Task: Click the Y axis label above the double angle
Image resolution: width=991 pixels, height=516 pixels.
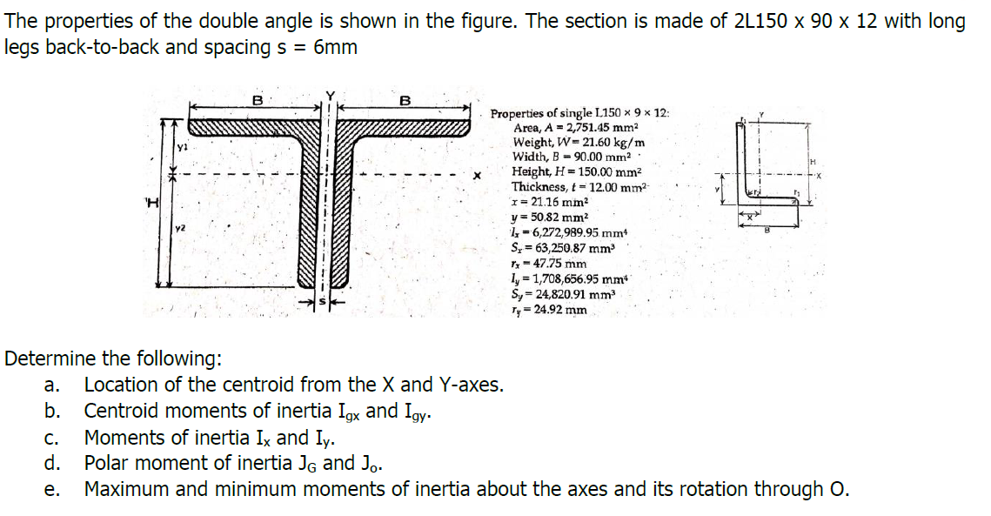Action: click(329, 97)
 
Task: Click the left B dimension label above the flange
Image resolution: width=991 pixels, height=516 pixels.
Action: click(258, 99)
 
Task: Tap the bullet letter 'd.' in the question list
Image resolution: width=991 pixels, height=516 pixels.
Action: click(53, 463)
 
